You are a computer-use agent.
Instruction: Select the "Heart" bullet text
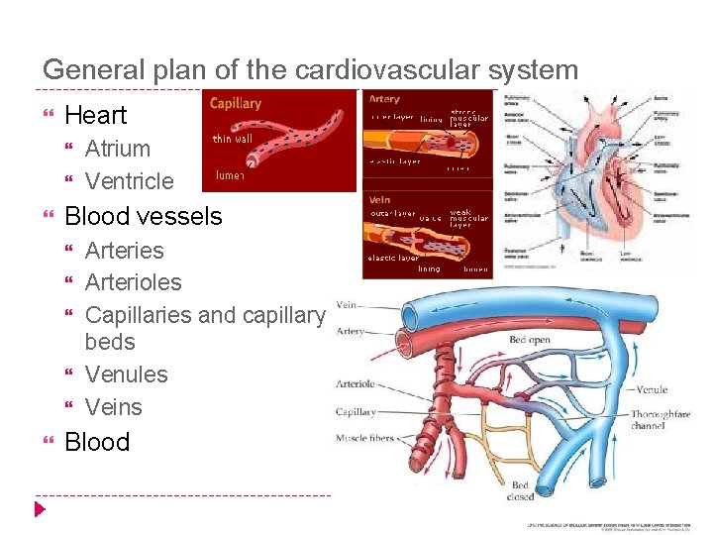coord(95,115)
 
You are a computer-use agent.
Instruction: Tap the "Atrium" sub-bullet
coord(118,149)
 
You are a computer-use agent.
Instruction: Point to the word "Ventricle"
coord(129,181)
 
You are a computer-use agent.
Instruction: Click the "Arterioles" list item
coord(134,282)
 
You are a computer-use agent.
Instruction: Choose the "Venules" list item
coord(127,374)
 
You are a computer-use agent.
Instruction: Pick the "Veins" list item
coord(114,407)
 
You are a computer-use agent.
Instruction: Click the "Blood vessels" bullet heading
coord(144,216)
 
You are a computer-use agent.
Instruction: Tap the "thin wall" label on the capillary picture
coord(233,139)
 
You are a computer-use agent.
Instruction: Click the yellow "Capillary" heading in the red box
coord(236,103)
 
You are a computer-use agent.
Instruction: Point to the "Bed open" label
coord(530,340)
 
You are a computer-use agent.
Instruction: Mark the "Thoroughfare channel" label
coord(661,419)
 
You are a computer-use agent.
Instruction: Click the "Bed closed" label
coord(521,491)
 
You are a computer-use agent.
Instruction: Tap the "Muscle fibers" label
coord(364,438)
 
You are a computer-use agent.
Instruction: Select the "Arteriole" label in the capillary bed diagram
coord(355,384)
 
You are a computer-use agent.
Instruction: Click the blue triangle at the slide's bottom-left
coord(40,509)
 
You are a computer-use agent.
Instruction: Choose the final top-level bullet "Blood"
coord(97,442)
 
